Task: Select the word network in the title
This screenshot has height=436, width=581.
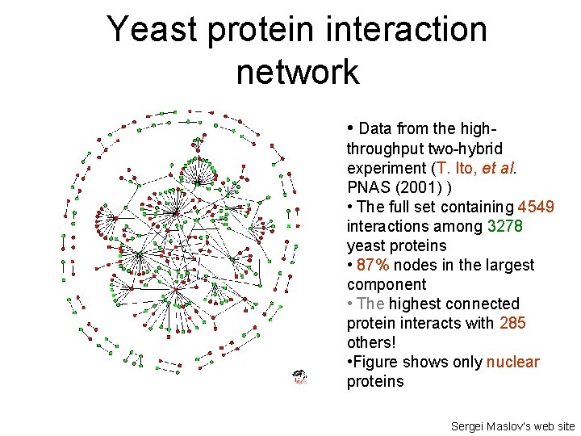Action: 298,72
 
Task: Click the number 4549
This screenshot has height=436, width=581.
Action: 536,207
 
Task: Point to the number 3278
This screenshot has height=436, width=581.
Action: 505,226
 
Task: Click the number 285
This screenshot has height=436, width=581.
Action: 512,323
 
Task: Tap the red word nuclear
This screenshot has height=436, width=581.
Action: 512,362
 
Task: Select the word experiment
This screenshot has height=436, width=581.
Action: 386,168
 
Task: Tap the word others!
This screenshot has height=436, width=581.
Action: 370,342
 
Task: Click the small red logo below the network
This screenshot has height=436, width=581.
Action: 300,377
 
